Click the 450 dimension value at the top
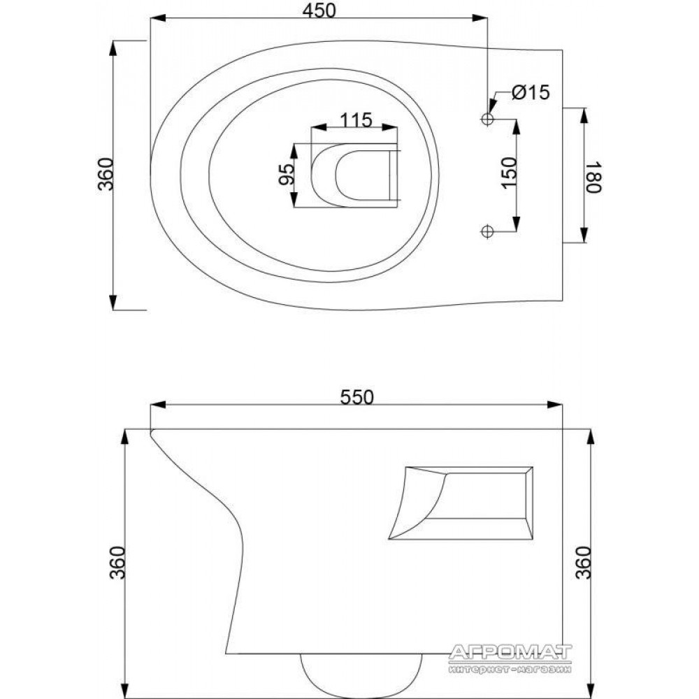coord(319,10)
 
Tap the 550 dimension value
coord(356,397)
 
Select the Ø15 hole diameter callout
coord(531,93)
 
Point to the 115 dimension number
coord(356,120)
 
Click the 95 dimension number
coord(286,174)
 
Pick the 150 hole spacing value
coord(509,173)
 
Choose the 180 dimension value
coord(593,177)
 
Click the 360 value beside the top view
coord(106,174)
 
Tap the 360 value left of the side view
coord(117,563)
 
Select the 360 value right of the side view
coord(583,563)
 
